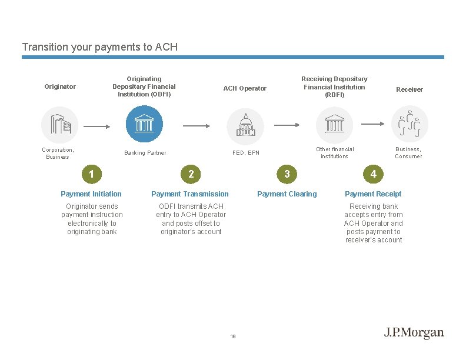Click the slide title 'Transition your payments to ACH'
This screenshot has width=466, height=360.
(x=99, y=47)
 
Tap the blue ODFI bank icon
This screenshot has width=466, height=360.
(x=144, y=124)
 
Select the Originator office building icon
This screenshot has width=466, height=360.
(x=59, y=125)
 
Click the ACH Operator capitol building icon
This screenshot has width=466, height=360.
(x=245, y=125)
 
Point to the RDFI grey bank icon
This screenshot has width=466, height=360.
(x=335, y=125)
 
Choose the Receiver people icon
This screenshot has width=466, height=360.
(x=410, y=125)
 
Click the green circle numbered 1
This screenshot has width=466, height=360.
(x=91, y=174)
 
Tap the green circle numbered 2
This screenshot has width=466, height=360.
(x=191, y=174)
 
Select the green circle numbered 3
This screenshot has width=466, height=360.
(x=287, y=174)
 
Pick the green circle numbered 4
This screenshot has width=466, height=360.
(x=373, y=174)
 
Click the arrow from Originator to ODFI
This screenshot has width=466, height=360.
(x=96, y=125)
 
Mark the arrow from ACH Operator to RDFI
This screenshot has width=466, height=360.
(x=288, y=125)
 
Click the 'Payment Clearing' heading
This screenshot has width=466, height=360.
(x=287, y=194)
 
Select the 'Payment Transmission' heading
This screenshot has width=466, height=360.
(x=190, y=194)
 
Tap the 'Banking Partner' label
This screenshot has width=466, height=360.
(x=145, y=153)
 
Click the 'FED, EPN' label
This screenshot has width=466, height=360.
(x=245, y=153)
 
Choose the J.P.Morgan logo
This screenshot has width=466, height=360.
(x=414, y=333)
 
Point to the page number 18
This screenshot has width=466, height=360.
(x=233, y=336)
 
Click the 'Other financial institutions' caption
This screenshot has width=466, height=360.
(x=335, y=153)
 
